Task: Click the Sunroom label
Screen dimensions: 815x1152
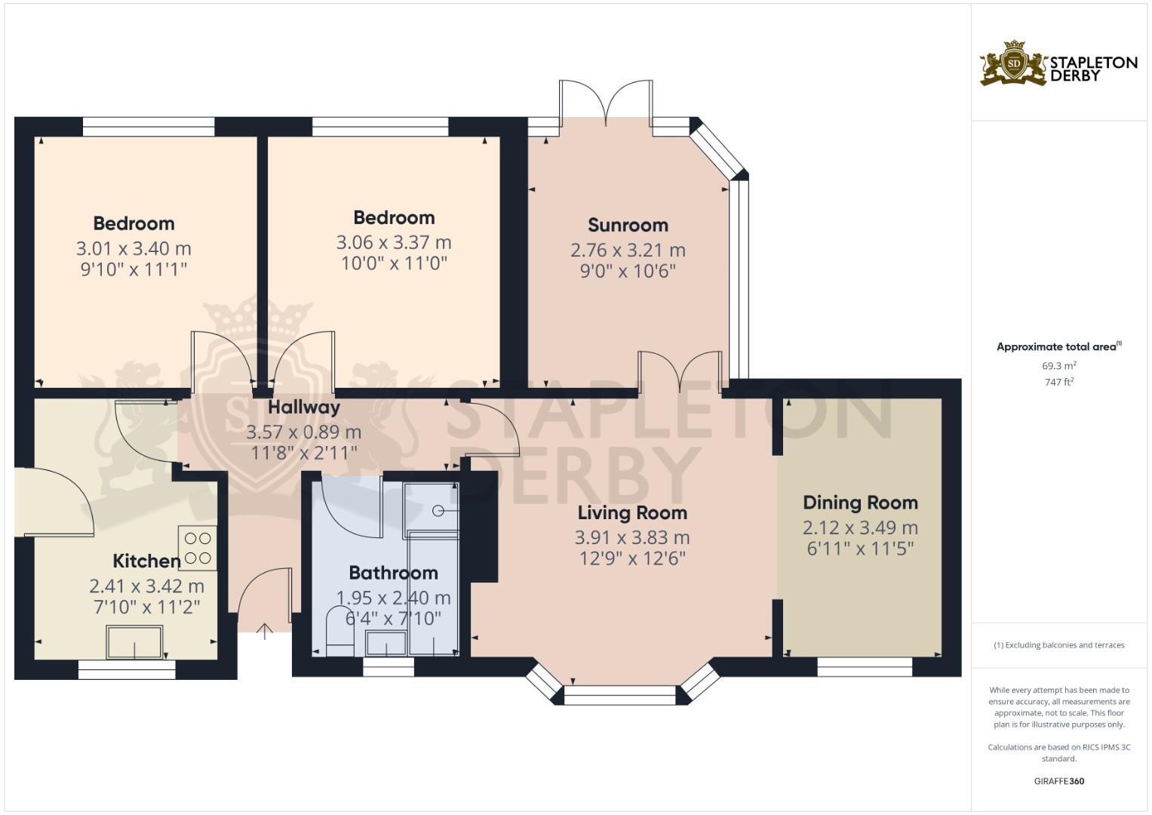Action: tap(628, 225)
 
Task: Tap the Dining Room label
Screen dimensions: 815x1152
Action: tap(860, 503)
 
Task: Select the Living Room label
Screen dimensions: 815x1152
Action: tap(632, 513)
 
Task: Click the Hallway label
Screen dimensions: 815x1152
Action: tap(304, 407)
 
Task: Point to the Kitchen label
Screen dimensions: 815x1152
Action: tap(146, 561)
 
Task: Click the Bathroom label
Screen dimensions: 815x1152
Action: tap(393, 573)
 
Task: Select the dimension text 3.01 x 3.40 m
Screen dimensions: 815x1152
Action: tap(134, 248)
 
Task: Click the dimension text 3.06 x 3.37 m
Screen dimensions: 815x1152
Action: tap(393, 242)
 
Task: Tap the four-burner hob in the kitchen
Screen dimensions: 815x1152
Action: tap(197, 548)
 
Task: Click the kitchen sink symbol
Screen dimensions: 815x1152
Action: tap(134, 642)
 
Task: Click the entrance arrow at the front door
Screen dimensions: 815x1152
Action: tap(264, 631)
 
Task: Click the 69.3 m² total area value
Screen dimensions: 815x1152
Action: tap(1059, 366)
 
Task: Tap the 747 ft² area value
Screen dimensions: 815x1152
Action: tap(1059, 383)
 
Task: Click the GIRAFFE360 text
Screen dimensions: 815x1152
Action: tap(1058, 781)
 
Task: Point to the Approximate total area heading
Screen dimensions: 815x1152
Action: tap(1058, 347)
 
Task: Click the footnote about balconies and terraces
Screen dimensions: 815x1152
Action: tap(1058, 645)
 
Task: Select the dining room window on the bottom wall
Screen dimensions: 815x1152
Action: tap(865, 666)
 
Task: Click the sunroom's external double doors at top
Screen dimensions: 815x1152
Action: tap(606, 100)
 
